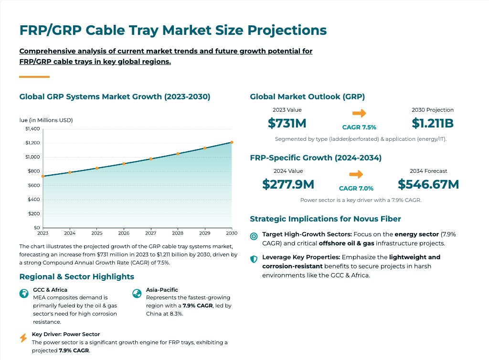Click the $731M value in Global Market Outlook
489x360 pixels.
click(287, 123)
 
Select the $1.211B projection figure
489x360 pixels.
click(432, 123)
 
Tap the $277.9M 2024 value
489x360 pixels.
click(288, 184)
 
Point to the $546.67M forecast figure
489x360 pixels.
click(428, 184)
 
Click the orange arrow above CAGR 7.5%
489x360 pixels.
click(359, 113)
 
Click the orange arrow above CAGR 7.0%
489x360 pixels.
click(356, 174)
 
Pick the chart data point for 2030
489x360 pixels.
click(232, 142)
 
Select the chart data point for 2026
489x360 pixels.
click(124, 164)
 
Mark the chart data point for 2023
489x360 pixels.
click(43, 176)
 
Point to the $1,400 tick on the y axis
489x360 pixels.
click(33, 129)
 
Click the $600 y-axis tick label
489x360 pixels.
click(33, 185)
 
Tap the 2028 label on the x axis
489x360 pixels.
click(178, 233)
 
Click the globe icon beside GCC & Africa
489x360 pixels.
click(24, 294)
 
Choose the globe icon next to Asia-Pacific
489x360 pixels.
click(137, 294)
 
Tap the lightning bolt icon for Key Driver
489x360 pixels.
click(23, 338)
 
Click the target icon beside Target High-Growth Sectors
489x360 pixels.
click(254, 236)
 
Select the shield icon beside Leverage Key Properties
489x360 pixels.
click(254, 258)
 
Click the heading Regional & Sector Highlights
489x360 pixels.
click(76, 277)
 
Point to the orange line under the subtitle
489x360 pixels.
click(34, 77)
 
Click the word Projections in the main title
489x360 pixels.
click(287, 31)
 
